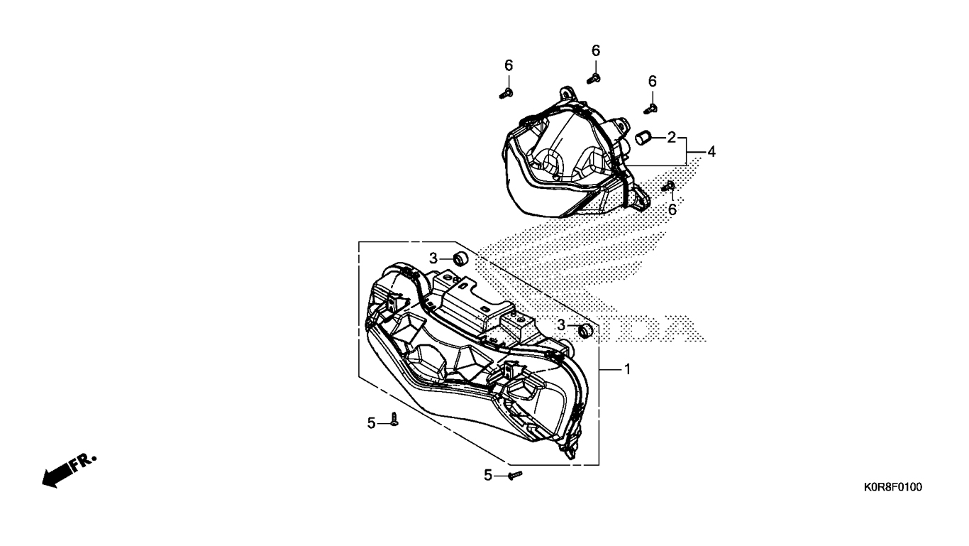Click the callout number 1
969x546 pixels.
coord(627,369)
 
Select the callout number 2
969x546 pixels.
coord(671,138)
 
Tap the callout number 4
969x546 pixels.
coord(711,151)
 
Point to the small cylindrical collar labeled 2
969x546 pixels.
coord(643,138)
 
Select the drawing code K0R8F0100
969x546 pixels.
coord(893,487)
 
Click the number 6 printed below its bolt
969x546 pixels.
coord(672,209)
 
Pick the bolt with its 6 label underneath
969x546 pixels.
coord(668,187)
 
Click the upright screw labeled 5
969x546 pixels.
coord(394,419)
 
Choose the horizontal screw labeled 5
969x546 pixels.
coord(516,475)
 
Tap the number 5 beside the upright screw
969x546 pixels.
coord(371,423)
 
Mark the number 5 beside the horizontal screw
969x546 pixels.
coord(488,476)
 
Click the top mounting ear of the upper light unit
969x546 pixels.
coord(567,94)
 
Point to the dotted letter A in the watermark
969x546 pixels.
coord(685,329)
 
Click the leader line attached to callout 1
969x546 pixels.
coord(610,369)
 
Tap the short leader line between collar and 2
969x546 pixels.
coord(659,138)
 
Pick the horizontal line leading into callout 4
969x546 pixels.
coord(696,151)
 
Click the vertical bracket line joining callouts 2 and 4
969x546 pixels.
coord(687,151)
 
